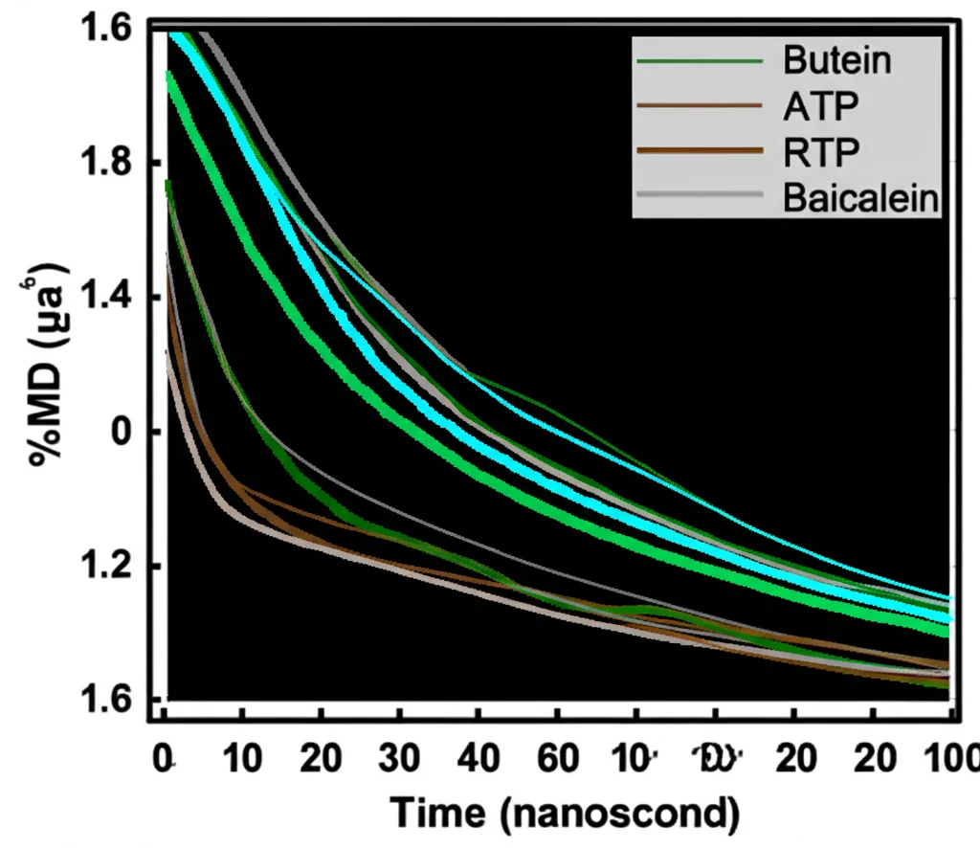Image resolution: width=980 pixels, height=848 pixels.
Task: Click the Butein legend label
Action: point(836,60)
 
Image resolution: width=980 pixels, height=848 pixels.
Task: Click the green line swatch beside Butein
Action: point(700,61)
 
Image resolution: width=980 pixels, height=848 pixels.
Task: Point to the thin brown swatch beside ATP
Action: point(700,105)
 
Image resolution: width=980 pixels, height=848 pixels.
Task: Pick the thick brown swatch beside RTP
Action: point(700,151)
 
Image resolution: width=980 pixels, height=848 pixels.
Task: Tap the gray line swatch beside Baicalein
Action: point(700,195)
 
